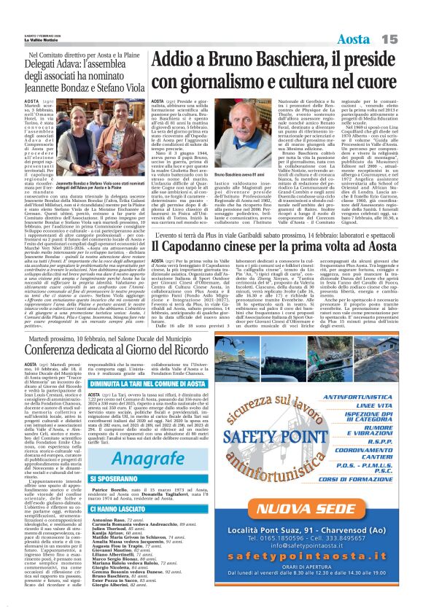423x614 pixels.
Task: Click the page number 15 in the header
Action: pyautogui.click(x=406, y=38)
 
